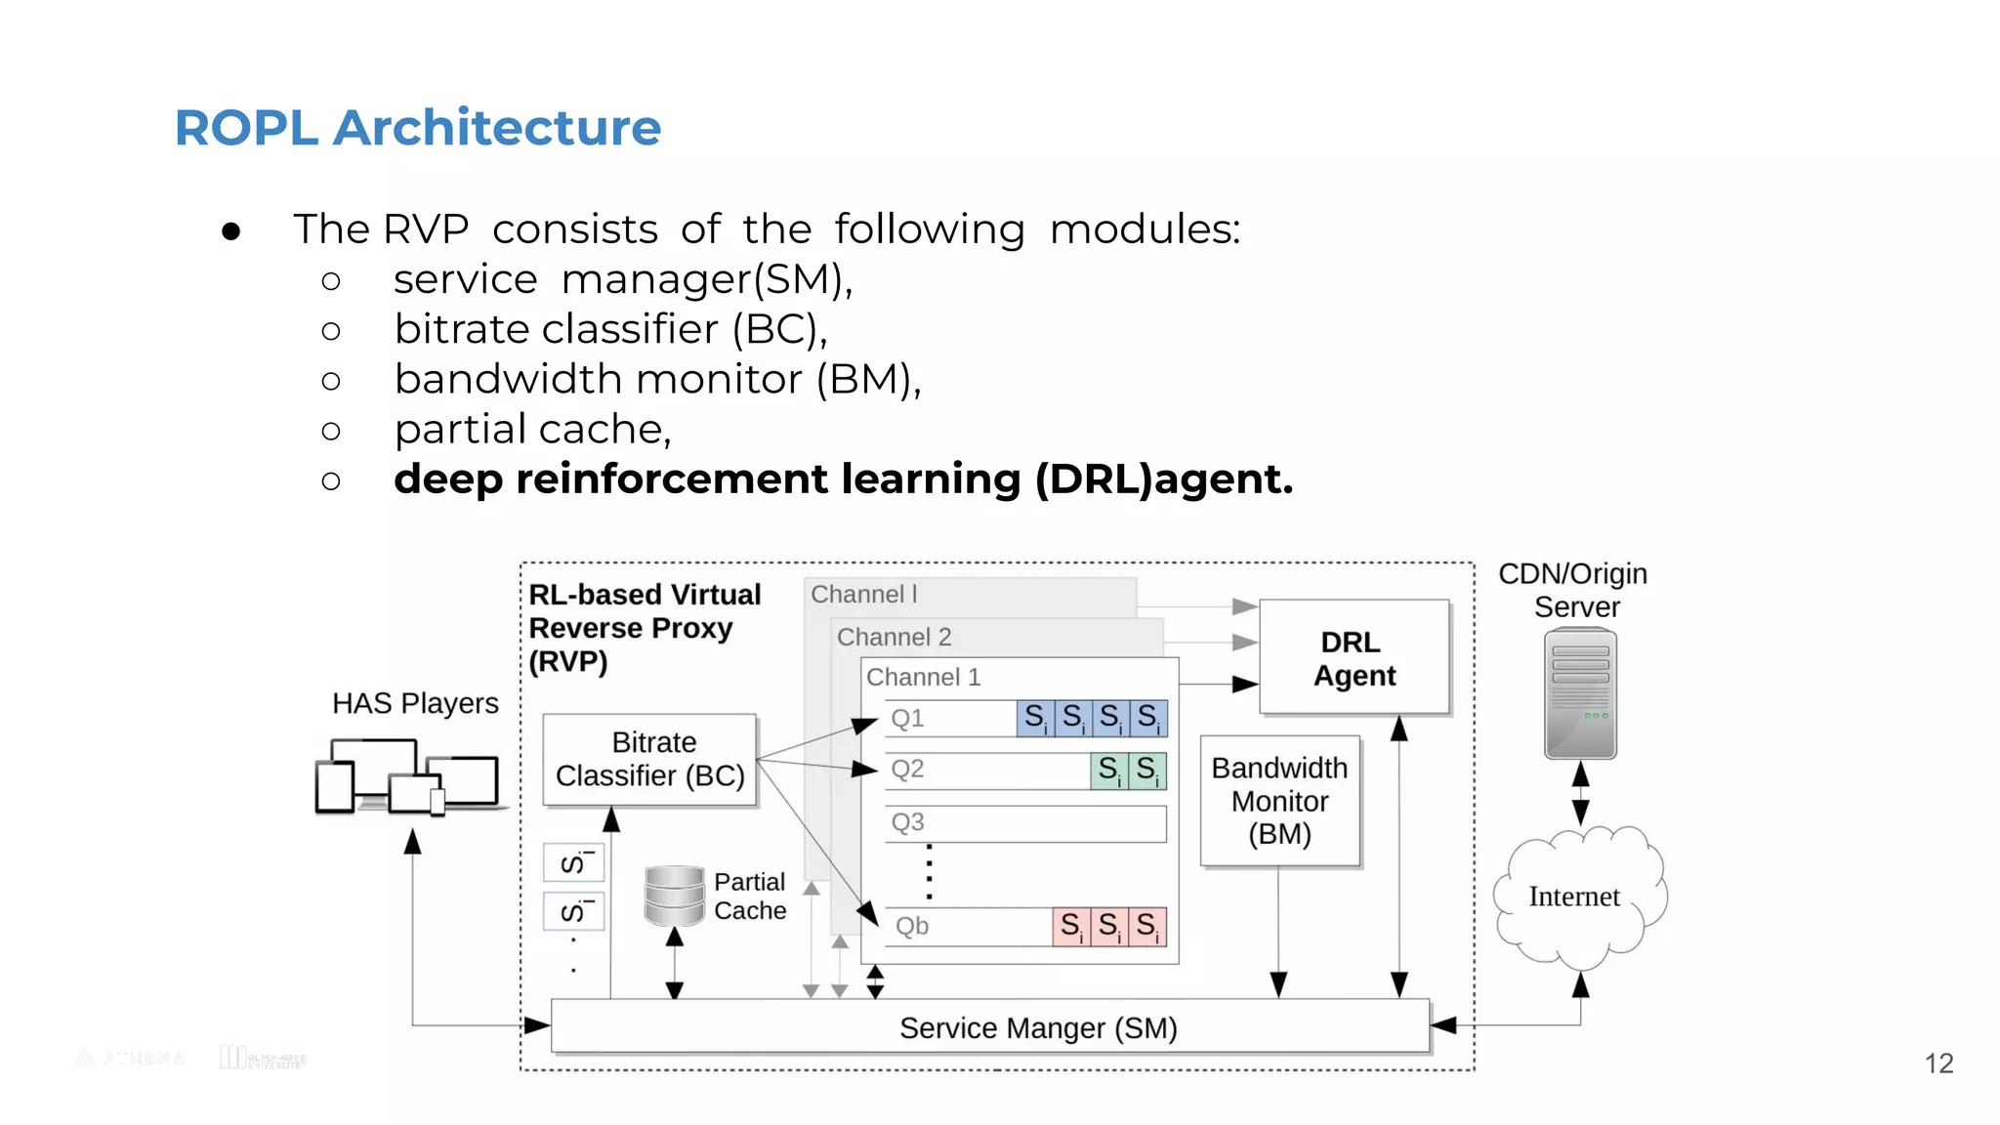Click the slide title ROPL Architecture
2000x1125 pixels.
(x=417, y=128)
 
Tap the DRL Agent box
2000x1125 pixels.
(x=1354, y=658)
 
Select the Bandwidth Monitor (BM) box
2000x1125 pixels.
(x=1279, y=801)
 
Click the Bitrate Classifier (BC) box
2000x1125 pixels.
(x=650, y=760)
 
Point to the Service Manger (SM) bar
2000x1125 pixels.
(x=990, y=1027)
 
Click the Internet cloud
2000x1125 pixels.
(x=1574, y=896)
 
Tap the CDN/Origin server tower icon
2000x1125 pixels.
(x=1580, y=694)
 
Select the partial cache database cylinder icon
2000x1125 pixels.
(x=674, y=895)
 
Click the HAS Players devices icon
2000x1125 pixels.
(x=408, y=778)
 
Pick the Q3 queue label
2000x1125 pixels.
(x=907, y=822)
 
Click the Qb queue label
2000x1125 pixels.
(x=912, y=926)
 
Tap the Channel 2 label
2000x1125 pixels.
(x=894, y=638)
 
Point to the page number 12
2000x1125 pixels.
(x=1938, y=1063)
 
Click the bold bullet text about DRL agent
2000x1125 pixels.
(x=843, y=479)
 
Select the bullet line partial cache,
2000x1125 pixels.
(x=532, y=430)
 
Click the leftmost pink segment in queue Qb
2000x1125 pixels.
(x=1071, y=926)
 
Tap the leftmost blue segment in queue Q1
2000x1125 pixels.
(x=1035, y=718)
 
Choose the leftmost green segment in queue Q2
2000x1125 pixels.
(x=1108, y=771)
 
